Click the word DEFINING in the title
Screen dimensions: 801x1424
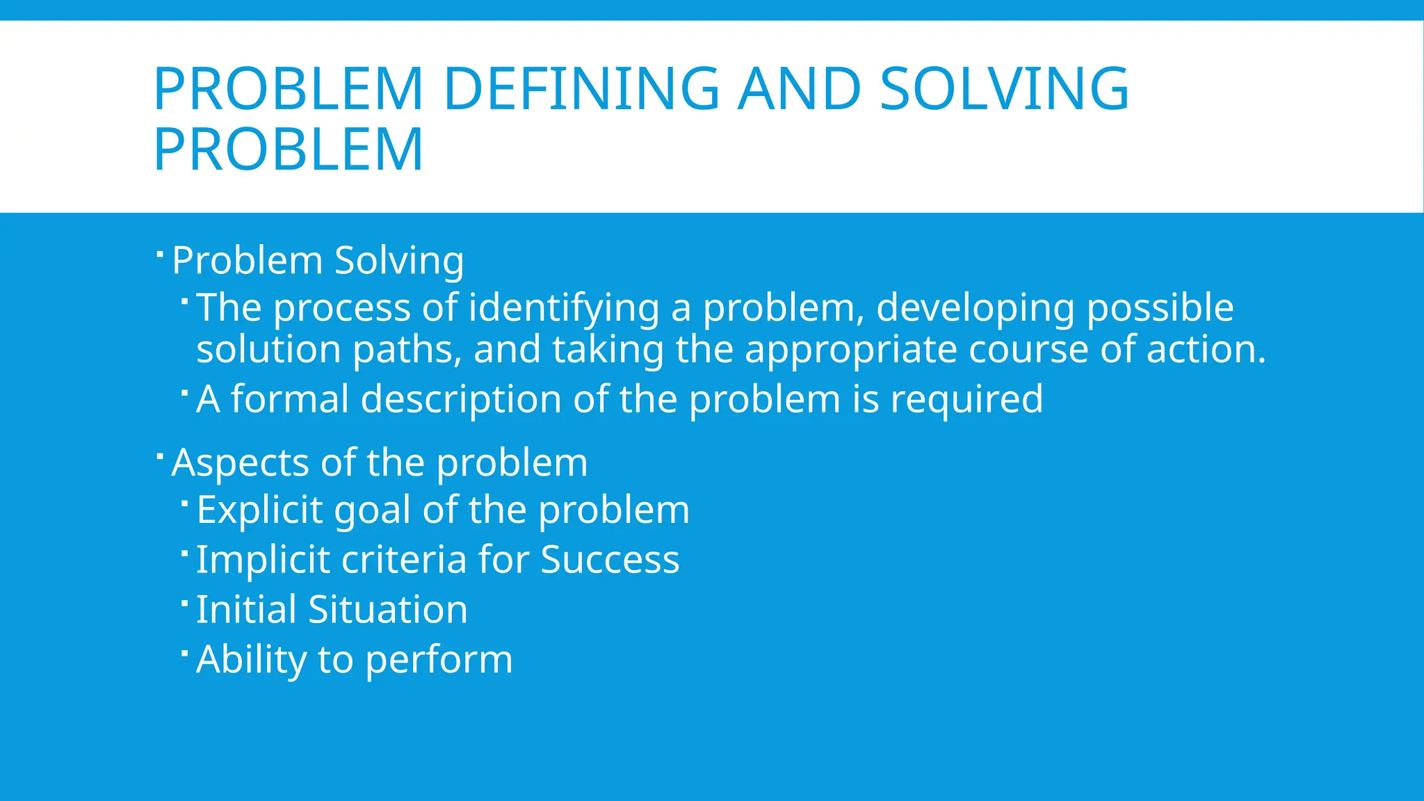(581, 89)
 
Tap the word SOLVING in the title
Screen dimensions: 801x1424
(1004, 89)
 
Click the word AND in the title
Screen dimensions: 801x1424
(799, 89)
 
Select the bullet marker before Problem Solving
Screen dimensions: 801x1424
(159, 254)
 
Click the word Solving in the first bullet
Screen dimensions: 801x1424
(398, 261)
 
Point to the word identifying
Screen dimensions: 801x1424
(563, 308)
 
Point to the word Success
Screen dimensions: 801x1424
(610, 560)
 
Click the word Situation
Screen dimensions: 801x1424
(387, 610)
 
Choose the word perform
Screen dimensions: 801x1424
(439, 661)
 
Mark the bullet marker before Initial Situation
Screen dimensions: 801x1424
(184, 602)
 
